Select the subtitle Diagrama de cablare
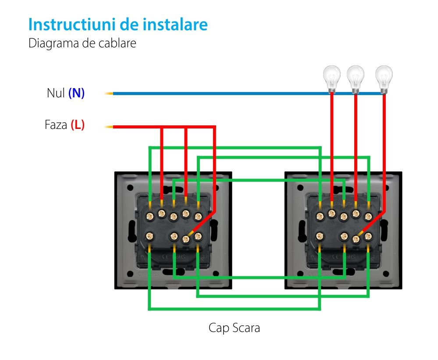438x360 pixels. click(82, 43)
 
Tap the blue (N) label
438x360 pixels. click(76, 93)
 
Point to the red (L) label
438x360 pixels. click(78, 125)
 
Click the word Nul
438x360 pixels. click(56, 93)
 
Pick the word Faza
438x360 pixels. click(56, 125)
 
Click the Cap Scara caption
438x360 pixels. click(234, 328)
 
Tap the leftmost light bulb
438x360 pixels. click(331, 78)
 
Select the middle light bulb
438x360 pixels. click(355, 78)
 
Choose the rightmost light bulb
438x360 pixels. click(384, 78)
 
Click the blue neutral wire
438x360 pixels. click(219, 93)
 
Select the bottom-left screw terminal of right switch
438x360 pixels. click(320, 236)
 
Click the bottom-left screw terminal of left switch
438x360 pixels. click(150, 236)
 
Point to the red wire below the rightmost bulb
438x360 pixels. click(385, 132)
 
